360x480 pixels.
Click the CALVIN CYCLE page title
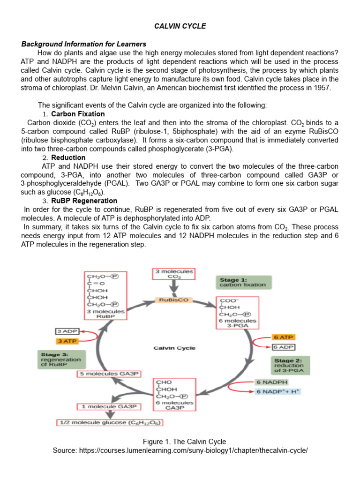tap(180, 26)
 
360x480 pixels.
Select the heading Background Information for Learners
tap(84, 44)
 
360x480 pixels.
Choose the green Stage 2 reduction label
tap(289, 365)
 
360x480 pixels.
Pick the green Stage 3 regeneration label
tap(60, 360)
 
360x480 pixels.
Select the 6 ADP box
tap(283, 347)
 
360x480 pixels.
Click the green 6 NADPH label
tap(270, 382)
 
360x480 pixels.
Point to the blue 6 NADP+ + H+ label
tap(278, 391)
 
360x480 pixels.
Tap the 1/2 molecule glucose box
tap(110, 422)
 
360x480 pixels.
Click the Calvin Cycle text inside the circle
tap(175, 348)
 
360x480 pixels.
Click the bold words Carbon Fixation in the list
tap(78, 114)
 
